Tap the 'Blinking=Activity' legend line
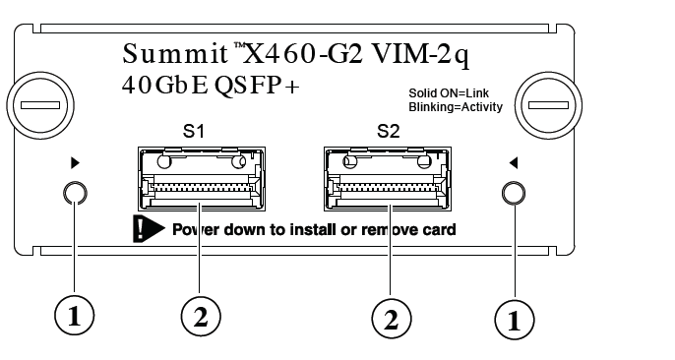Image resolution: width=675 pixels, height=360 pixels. click(455, 107)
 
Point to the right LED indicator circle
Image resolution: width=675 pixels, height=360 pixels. click(512, 194)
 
